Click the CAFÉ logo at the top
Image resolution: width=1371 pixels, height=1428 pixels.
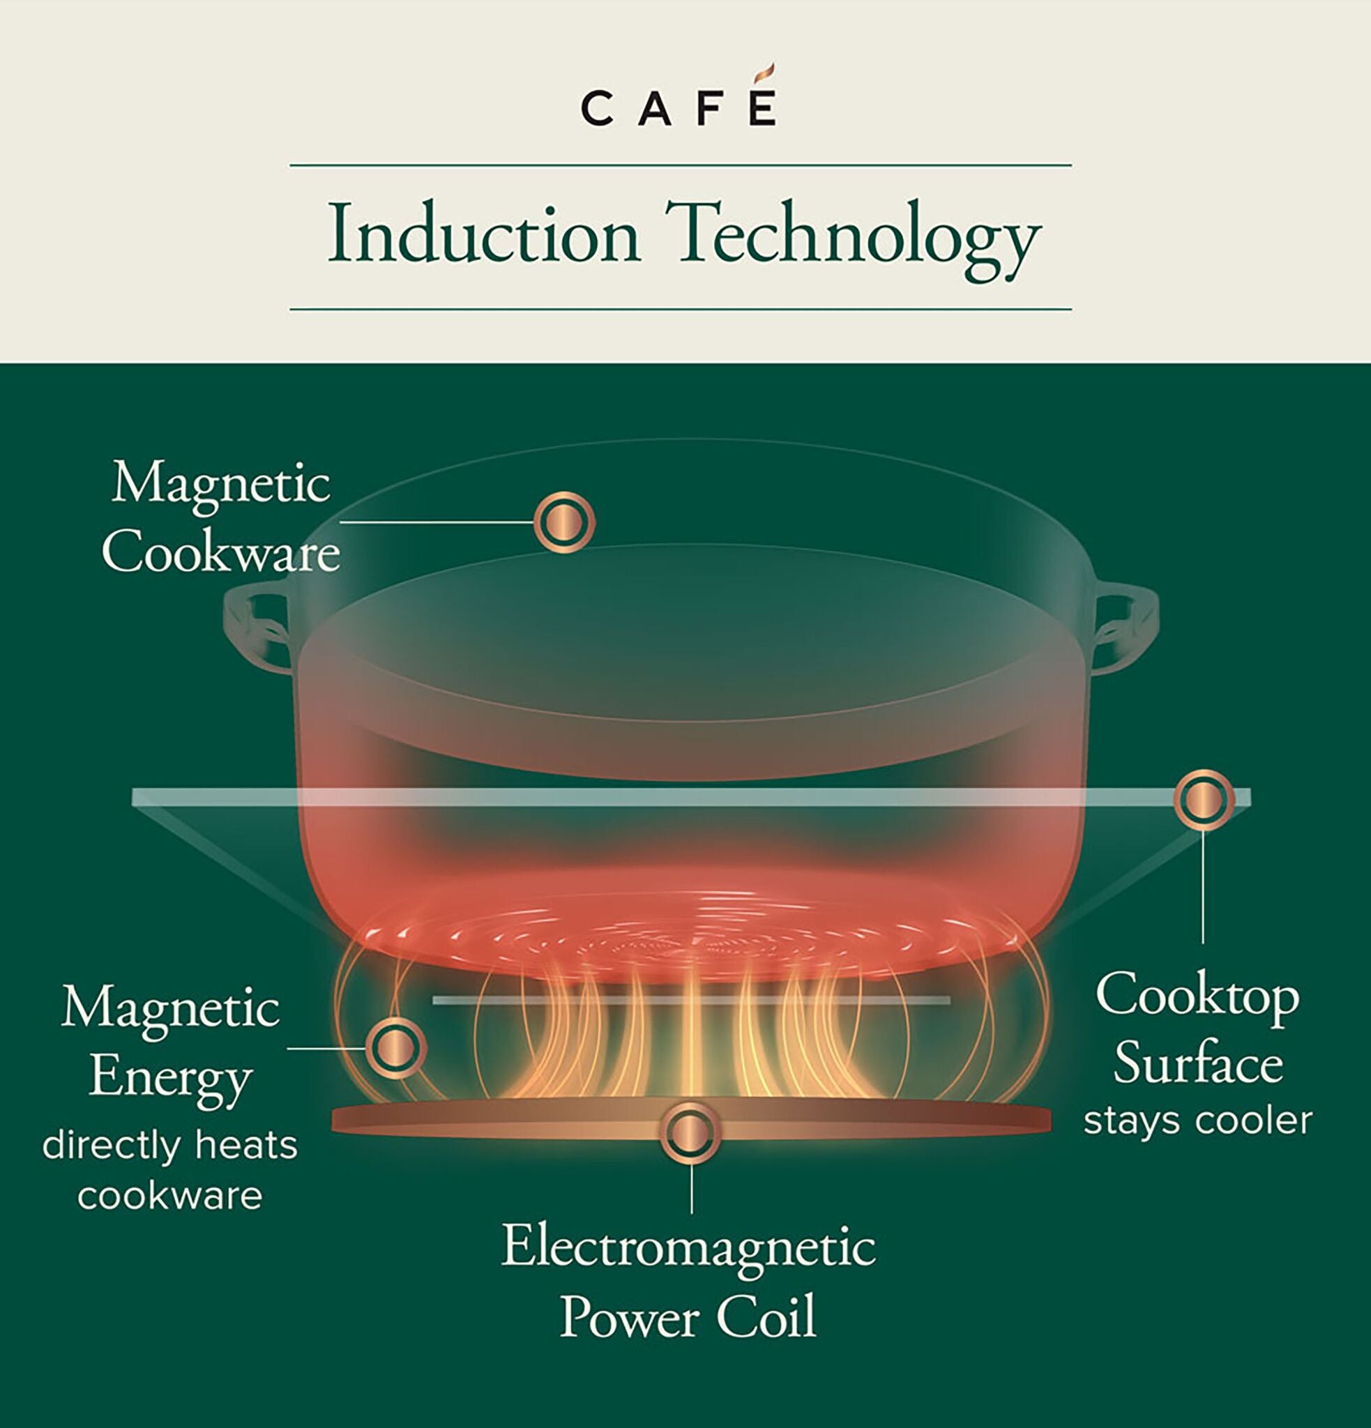coord(679,108)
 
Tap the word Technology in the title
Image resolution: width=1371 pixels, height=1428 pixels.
coord(853,238)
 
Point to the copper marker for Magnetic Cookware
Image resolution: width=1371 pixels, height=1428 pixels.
coord(564,522)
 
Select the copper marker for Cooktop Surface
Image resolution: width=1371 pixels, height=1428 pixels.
coord(1203,799)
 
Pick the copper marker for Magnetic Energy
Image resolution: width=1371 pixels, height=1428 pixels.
coord(395,1048)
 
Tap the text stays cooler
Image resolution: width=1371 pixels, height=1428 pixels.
coord(1197,1121)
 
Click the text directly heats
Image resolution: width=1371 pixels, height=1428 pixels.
coord(169,1146)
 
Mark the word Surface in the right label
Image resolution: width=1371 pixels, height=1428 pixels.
coord(1197,1063)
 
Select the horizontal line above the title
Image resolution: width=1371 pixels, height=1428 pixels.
coord(681,165)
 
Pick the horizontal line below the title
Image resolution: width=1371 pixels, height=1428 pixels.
coord(681,309)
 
